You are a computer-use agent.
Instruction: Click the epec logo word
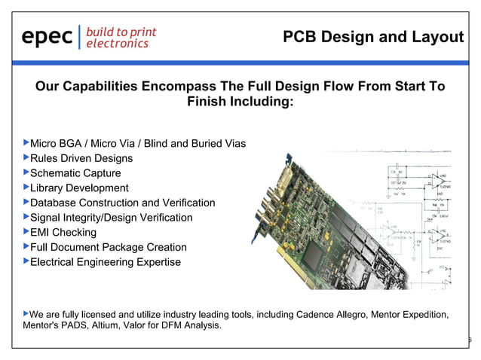pyautogui.click(x=47, y=37)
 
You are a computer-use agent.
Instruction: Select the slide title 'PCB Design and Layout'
pyautogui.click(x=372, y=37)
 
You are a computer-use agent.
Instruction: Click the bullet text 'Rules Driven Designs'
pyautogui.click(x=81, y=158)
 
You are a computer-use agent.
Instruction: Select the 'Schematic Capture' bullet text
pyautogui.click(x=75, y=173)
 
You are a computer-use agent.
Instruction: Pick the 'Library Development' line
pyautogui.click(x=78, y=188)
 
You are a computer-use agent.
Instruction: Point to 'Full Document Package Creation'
pyautogui.click(x=108, y=247)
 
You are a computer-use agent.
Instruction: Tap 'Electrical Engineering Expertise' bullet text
pyautogui.click(x=105, y=262)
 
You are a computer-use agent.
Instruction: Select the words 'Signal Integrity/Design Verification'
pyautogui.click(x=111, y=218)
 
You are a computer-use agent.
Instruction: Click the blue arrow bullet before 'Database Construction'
pyautogui.click(x=25, y=202)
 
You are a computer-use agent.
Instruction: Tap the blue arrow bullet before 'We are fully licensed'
pyautogui.click(x=25, y=313)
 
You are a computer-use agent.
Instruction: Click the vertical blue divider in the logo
pyautogui.click(x=79, y=37)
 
